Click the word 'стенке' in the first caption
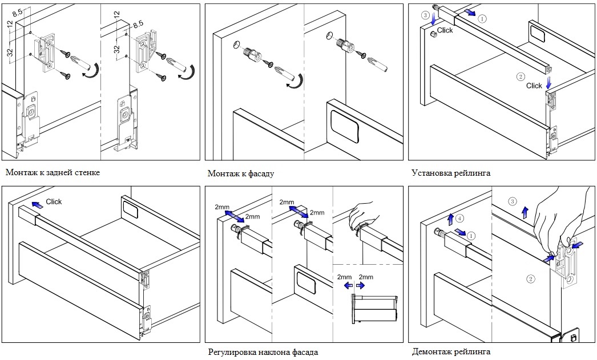(x=86, y=172)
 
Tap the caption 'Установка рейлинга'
(x=450, y=172)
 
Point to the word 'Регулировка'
(x=232, y=352)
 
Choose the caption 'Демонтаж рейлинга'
(x=450, y=351)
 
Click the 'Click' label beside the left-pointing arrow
(x=54, y=202)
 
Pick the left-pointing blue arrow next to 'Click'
(x=37, y=204)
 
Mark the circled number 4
(x=461, y=217)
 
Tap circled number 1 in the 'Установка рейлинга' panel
(x=483, y=18)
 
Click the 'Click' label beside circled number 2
(x=534, y=86)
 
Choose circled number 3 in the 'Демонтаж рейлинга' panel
(x=512, y=201)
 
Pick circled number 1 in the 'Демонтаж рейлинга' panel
(x=470, y=234)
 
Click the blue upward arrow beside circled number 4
(x=450, y=219)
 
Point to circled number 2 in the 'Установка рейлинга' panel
(x=520, y=76)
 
